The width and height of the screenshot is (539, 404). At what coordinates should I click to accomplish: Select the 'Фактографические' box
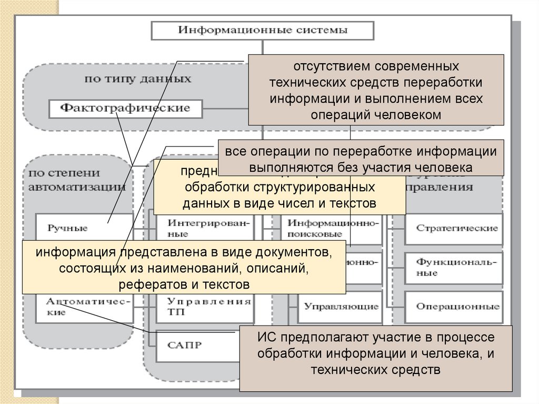pyautogui.click(x=125, y=109)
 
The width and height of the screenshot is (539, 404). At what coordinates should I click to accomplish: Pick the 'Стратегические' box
pyautogui.click(x=456, y=228)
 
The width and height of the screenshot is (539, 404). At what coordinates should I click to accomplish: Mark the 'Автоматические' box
pyautogui.click(x=76, y=306)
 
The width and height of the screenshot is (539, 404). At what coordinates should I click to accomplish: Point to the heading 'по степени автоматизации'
pyautogui.click(x=76, y=179)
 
